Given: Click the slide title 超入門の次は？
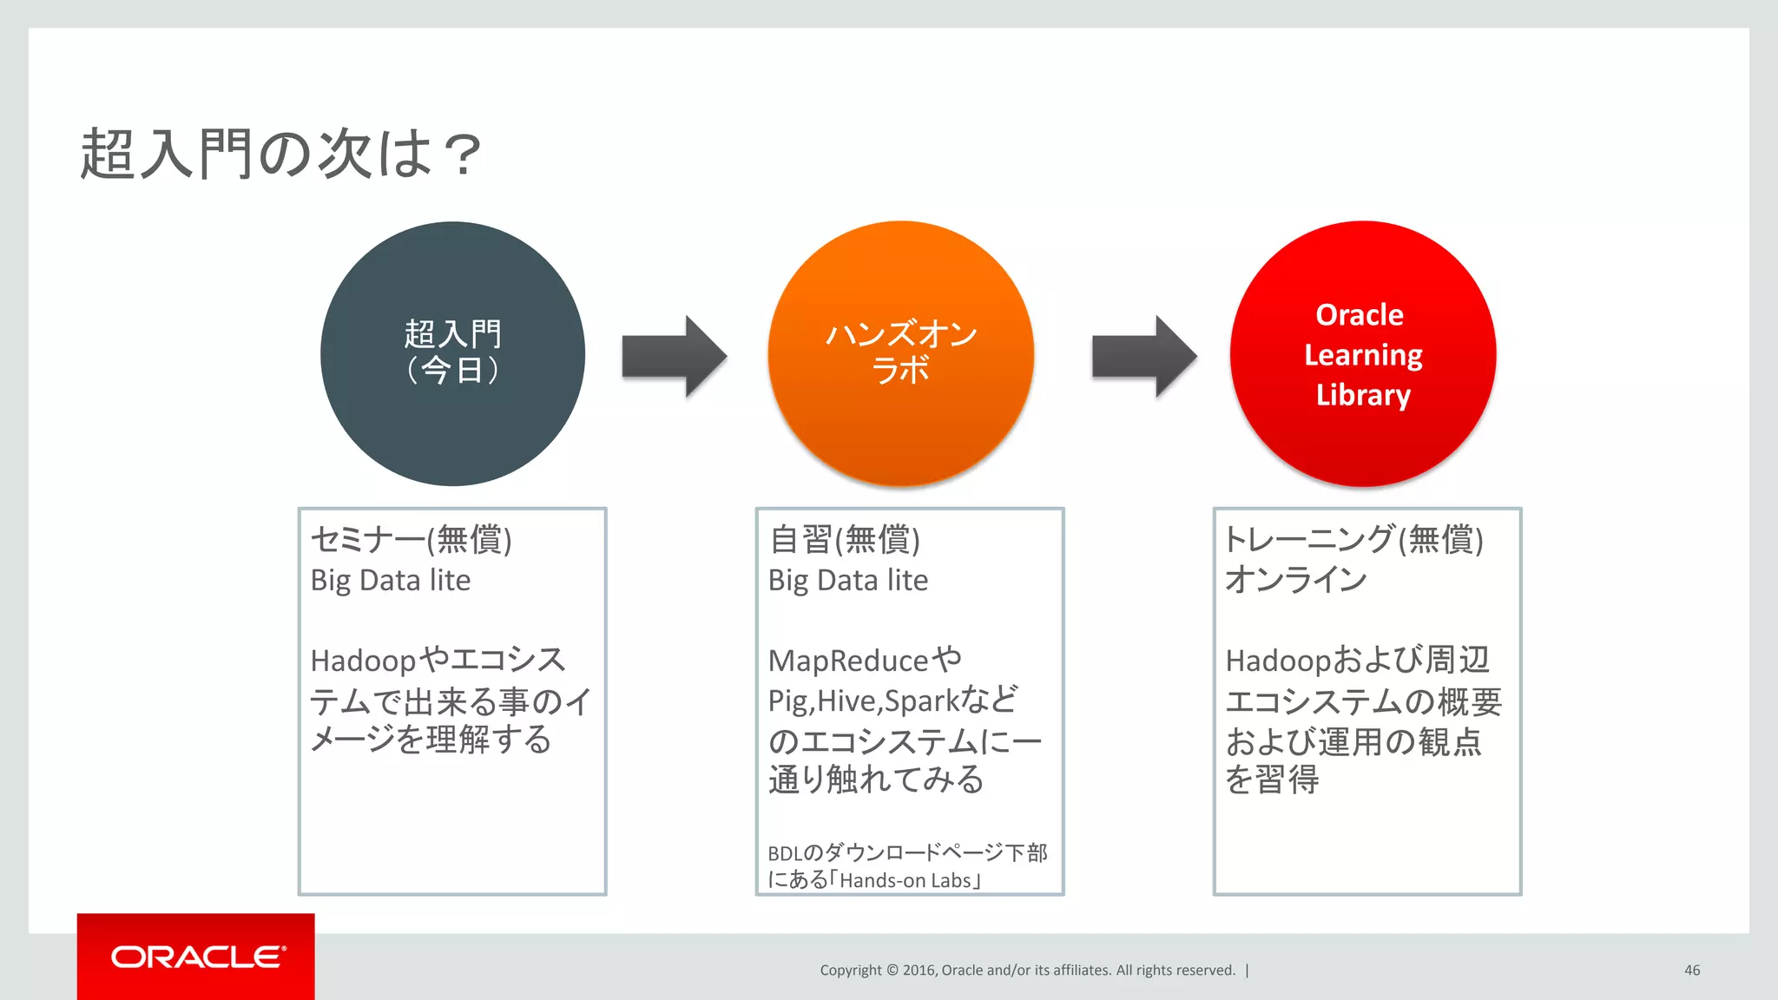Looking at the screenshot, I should (280, 155).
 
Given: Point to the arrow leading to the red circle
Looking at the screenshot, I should (1144, 356).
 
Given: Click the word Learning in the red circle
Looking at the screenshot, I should (1363, 355).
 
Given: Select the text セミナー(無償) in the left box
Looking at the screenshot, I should (411, 540).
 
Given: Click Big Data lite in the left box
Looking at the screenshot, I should (391, 580).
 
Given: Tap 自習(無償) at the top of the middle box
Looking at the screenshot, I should (844, 540).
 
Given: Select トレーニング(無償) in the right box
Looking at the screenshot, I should (1353, 540).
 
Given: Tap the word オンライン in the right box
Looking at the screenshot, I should (1295, 580).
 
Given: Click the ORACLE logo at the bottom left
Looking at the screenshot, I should (197, 957).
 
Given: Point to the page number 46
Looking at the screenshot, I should (1691, 970).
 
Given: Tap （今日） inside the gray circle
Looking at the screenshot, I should (452, 371).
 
